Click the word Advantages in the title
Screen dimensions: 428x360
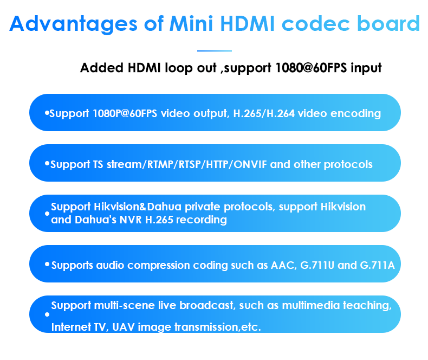[74, 24]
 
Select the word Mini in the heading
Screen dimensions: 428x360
[191, 23]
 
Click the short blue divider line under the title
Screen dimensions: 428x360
[215, 51]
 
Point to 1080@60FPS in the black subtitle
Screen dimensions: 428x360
[311, 68]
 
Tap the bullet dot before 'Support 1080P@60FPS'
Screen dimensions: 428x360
[47, 113]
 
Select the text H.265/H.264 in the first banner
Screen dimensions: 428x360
[264, 113]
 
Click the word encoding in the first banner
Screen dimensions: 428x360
[355, 114]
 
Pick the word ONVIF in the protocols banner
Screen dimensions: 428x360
[250, 164]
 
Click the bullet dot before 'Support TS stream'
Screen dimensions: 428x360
[47, 164]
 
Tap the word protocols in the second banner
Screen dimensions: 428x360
[348, 165]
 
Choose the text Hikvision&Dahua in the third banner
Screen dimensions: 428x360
[138, 207]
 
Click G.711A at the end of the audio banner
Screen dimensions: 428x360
[378, 265]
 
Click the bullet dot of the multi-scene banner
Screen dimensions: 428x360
[47, 314]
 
